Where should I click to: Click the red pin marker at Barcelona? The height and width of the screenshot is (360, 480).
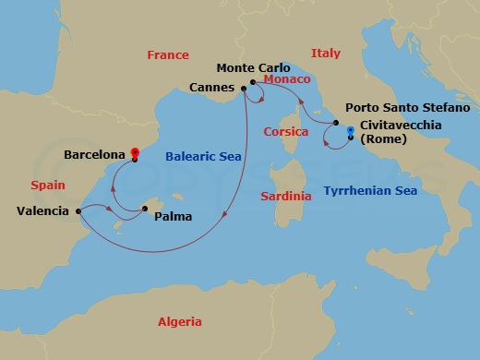click(x=135, y=153)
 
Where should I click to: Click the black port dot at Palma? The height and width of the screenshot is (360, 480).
click(x=146, y=209)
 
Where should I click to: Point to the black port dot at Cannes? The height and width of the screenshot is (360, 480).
click(x=244, y=89)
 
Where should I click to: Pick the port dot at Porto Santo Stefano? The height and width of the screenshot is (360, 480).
click(x=335, y=123)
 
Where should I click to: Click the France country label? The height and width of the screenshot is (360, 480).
click(x=167, y=55)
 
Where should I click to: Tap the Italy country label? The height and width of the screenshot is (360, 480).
click(x=326, y=54)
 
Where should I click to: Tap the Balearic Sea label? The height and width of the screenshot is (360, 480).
click(x=203, y=157)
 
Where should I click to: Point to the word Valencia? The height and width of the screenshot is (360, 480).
click(x=42, y=211)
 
